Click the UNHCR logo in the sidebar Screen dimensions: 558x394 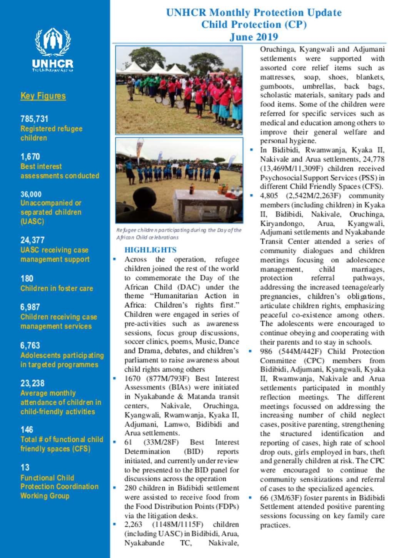click(53, 50)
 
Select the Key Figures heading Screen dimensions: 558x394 click(43, 96)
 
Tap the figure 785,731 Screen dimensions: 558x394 click(34, 119)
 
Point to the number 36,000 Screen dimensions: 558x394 click(31, 194)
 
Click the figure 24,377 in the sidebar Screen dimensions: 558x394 click(32, 240)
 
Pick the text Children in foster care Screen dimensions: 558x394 click(57, 288)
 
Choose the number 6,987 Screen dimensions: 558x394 click(30, 307)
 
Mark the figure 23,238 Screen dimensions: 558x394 click(32, 383)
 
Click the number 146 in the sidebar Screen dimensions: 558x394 click(27, 429)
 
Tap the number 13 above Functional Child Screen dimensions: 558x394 click(25, 467)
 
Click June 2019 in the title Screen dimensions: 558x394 click(254, 37)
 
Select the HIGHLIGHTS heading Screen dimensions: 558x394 click(150, 250)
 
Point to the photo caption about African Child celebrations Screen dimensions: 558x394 click(179, 234)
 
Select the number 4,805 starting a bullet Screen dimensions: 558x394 click(269, 196)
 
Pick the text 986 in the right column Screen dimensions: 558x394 click(266, 351)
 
